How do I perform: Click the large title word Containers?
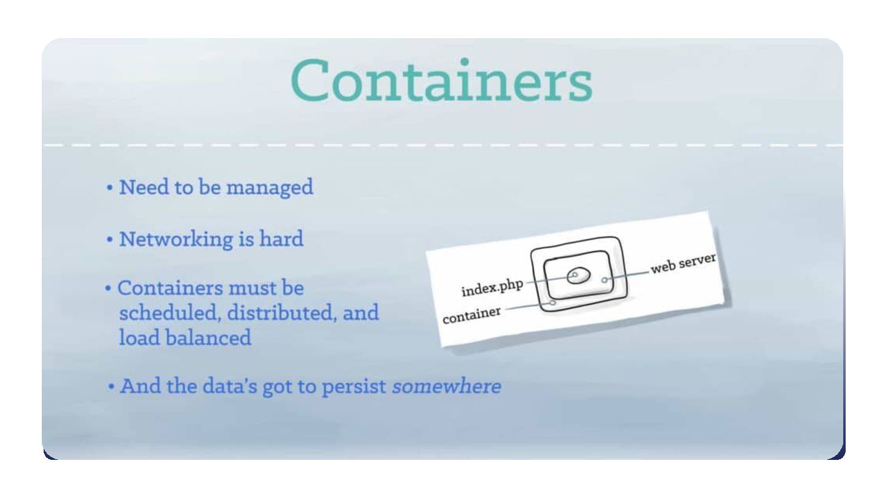[x=441, y=82]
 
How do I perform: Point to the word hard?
[x=281, y=239]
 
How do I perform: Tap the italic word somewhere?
[x=447, y=387]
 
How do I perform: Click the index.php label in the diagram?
[x=492, y=288]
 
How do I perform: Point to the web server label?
[x=683, y=263]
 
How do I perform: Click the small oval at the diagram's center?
[x=579, y=275]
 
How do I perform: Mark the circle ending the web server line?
[x=605, y=280]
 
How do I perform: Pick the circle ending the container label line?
[x=553, y=302]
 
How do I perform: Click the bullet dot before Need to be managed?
[x=109, y=188]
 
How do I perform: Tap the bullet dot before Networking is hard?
[x=109, y=239]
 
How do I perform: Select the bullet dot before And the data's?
[x=111, y=387]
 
